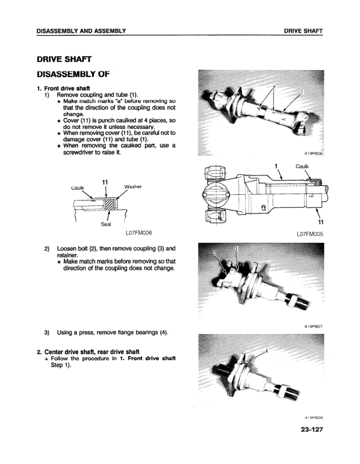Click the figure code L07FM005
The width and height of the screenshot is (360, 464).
[310, 233]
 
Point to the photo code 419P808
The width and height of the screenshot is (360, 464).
[314, 417]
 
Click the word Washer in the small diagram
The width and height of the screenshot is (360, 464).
[134, 187]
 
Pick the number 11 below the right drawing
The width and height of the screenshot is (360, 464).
[320, 222]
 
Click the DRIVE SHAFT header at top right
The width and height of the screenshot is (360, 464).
[303, 31]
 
